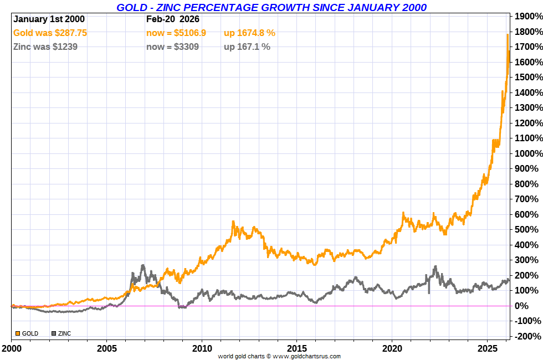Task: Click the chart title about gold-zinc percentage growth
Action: click(x=271, y=7)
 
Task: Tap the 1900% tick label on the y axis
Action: click(x=528, y=16)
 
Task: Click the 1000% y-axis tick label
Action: click(x=528, y=153)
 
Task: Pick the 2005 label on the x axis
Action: click(x=106, y=349)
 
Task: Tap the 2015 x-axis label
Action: click(x=296, y=349)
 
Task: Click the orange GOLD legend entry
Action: click(x=27, y=333)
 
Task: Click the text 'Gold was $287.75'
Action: click(x=50, y=33)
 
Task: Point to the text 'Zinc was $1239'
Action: click(x=45, y=47)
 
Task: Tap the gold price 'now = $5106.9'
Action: click(x=176, y=33)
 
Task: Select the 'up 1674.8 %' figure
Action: click(x=249, y=33)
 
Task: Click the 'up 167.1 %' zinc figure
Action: click(x=247, y=47)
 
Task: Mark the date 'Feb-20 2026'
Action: click(x=172, y=19)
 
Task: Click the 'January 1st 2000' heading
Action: click(x=49, y=19)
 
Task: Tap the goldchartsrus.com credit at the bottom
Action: click(x=279, y=356)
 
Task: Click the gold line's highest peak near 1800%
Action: click(x=508, y=34)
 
